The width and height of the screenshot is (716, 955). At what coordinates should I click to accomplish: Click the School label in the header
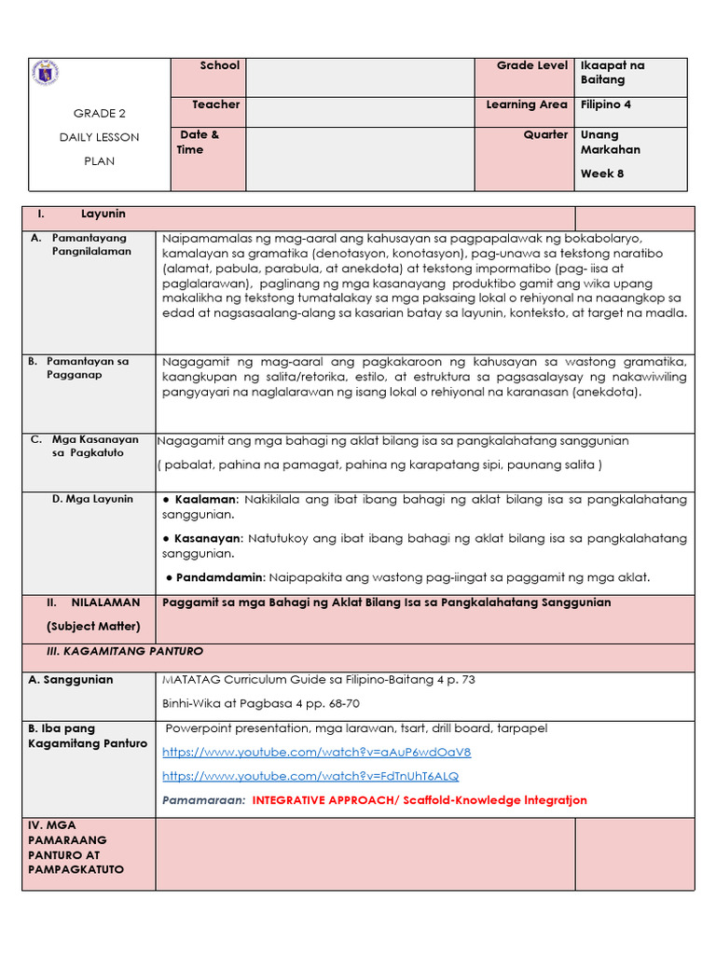coord(220,66)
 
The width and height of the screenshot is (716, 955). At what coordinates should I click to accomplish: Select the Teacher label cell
coord(215,105)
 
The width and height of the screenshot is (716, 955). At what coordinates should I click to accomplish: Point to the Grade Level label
coord(531,66)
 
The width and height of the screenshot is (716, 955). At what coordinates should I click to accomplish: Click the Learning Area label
coord(527,105)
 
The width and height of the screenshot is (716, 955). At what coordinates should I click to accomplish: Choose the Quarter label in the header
coord(545,134)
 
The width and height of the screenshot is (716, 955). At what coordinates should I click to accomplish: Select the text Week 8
coord(602,173)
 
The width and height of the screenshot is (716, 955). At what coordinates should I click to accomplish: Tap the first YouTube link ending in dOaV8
coord(316,752)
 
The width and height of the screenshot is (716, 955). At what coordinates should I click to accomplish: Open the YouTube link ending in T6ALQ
coord(310,776)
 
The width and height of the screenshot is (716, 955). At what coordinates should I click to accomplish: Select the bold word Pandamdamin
coord(219,578)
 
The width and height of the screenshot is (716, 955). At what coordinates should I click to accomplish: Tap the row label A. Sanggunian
coord(70,680)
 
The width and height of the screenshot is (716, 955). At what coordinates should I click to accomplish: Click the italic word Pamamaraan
coord(203,800)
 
